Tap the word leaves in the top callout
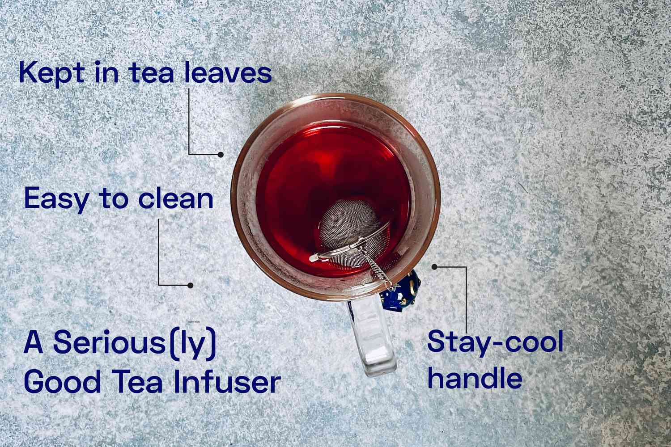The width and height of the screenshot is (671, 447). point(228,73)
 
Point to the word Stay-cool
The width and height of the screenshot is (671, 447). point(495,342)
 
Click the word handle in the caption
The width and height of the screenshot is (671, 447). point(475,378)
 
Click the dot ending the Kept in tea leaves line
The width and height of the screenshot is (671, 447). point(221,154)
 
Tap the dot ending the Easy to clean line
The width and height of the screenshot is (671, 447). point(190,285)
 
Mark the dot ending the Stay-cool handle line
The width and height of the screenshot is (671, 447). point(434,266)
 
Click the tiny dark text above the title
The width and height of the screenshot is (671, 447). point(193,321)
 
